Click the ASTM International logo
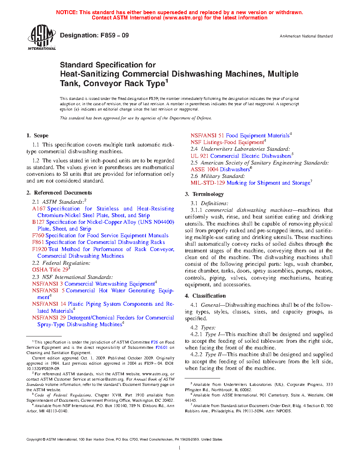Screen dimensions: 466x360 pyautogui.click(x=42, y=37)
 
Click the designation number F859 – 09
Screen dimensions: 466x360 pyautogui.click(x=115, y=35)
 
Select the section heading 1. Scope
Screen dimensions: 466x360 pyautogui.click(x=37, y=136)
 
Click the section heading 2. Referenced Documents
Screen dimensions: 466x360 pyautogui.click(x=59, y=193)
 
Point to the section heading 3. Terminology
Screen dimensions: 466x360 pyautogui.click(x=204, y=194)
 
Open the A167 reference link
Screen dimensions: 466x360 pyautogui.click(x=39, y=209)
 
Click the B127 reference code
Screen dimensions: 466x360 pyautogui.click(x=38, y=222)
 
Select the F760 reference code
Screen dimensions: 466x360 pyautogui.click(x=38, y=235)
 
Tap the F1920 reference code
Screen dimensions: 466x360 pyautogui.click(x=40, y=249)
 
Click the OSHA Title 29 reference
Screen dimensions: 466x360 pyautogui.click(x=50, y=270)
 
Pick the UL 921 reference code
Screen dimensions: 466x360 pyautogui.click(x=199, y=156)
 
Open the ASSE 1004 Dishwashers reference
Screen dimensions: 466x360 pyautogui.click(x=220, y=169)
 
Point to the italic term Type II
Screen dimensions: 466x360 pyautogui.click(x=214, y=354)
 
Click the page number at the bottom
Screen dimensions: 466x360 pyautogui.click(x=180, y=448)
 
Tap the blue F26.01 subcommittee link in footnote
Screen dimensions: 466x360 pyautogui.click(x=163, y=347)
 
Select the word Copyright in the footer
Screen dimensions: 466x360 pyautogui.click(x=34, y=440)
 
